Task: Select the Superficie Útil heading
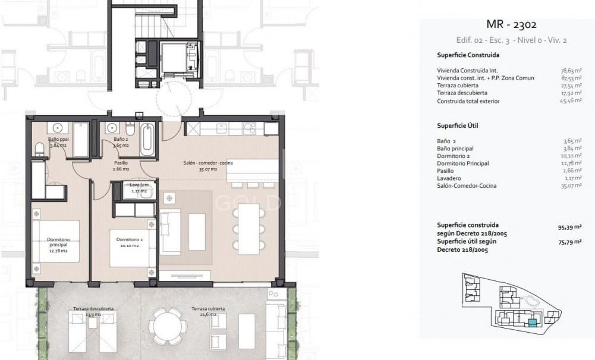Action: (458, 126)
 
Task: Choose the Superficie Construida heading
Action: (468, 55)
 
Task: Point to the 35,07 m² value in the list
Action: (571, 186)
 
